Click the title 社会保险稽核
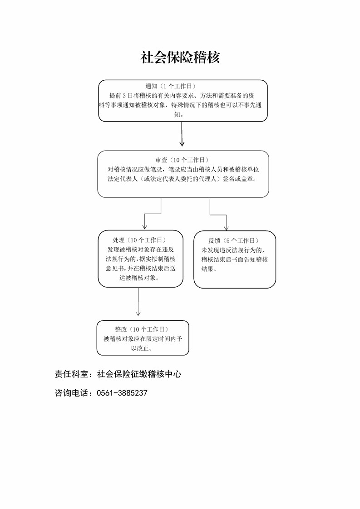[x=180, y=58]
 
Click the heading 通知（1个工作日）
[x=171, y=86]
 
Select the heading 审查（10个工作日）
[x=182, y=160]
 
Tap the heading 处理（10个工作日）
[x=139, y=240]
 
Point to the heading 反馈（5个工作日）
[x=234, y=240]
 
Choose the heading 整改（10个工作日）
[x=142, y=329]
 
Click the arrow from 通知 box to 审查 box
[x=182, y=134]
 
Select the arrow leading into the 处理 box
[x=153, y=214]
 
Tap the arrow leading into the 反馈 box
[x=218, y=215]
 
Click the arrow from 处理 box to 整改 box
[x=138, y=302]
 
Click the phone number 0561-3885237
[x=122, y=393]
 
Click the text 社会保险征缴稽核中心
[x=139, y=374]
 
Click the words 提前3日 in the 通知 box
[x=121, y=95]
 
